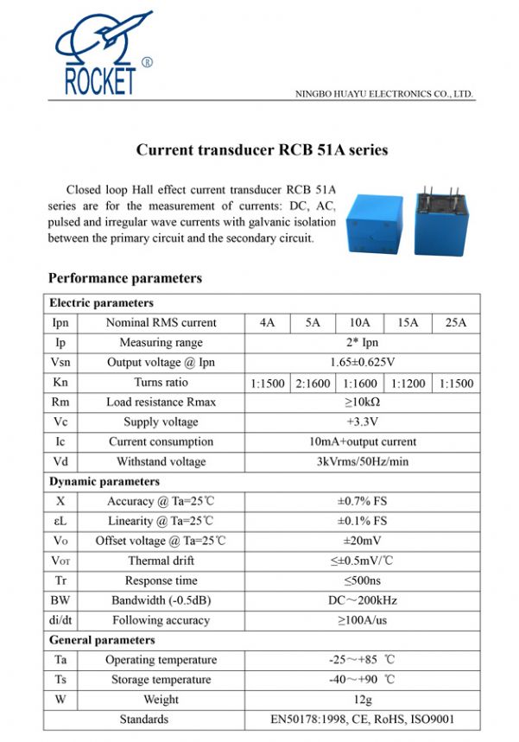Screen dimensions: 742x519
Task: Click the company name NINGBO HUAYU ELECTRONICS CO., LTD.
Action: click(x=384, y=93)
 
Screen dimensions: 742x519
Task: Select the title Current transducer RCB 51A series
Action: click(x=262, y=149)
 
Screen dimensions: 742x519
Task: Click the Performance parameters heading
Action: click(x=125, y=278)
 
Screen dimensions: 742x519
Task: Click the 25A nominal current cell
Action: click(x=455, y=323)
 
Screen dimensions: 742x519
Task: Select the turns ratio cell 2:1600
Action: click(x=313, y=383)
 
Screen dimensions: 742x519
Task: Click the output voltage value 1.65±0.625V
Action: click(x=362, y=363)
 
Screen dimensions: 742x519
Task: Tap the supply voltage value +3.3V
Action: click(x=362, y=422)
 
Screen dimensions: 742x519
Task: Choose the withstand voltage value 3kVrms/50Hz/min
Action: click(x=362, y=462)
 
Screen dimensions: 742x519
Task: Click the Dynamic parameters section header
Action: click(x=104, y=481)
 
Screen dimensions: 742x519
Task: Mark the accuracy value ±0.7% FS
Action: click(x=362, y=501)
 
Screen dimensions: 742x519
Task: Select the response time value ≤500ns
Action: click(x=362, y=580)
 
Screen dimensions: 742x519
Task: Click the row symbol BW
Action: click(x=60, y=600)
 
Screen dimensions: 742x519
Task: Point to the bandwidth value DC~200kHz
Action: click(x=362, y=600)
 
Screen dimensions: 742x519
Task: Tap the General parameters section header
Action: click(x=102, y=640)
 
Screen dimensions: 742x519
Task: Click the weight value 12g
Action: click(x=362, y=700)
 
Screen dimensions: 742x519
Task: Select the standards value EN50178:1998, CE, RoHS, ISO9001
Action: click(x=362, y=720)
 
